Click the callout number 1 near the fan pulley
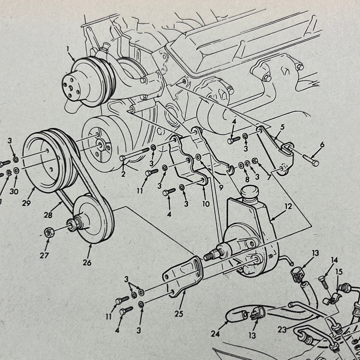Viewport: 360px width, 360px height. pyautogui.click(x=68, y=49)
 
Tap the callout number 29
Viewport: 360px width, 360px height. pyautogui.click(x=26, y=203)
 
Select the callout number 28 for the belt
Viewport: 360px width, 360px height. pyautogui.click(x=48, y=215)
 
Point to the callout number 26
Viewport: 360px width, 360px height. pyautogui.click(x=87, y=262)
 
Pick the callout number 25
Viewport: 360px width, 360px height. pyautogui.click(x=179, y=314)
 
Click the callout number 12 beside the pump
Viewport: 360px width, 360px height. pyautogui.click(x=288, y=206)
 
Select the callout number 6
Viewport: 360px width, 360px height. pyautogui.click(x=322, y=145)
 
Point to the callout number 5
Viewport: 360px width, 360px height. pyautogui.click(x=282, y=127)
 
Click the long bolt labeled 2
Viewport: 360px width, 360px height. pyautogui.click(x=134, y=154)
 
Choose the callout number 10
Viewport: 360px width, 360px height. pyautogui.click(x=206, y=204)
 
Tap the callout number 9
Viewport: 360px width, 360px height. pyautogui.click(x=221, y=188)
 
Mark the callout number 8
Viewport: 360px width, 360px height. pyautogui.click(x=247, y=179)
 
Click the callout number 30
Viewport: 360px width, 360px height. pyautogui.click(x=14, y=191)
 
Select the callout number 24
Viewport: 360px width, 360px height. pyautogui.click(x=215, y=334)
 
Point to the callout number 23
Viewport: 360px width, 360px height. pyautogui.click(x=282, y=330)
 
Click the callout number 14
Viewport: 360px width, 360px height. pyautogui.click(x=334, y=260)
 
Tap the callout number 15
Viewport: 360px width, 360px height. pyautogui.click(x=339, y=272)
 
